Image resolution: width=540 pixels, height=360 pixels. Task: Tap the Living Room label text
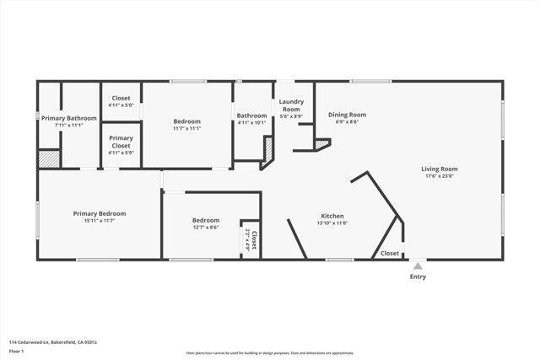tap(440, 169)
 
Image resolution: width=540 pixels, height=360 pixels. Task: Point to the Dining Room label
tap(347, 115)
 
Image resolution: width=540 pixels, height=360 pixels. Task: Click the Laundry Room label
tap(291, 105)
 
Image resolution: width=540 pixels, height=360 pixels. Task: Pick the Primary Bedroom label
tap(100, 213)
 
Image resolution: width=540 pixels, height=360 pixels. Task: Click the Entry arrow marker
tap(418, 266)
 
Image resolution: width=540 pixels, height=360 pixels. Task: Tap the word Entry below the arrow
tap(418, 277)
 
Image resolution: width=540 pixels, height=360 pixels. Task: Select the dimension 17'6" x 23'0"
tap(440, 176)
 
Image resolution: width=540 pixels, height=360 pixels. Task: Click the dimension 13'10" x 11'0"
tap(332, 223)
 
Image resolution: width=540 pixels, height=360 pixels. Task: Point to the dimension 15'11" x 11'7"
tap(100, 221)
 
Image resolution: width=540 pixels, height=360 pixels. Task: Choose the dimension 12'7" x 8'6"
tap(206, 227)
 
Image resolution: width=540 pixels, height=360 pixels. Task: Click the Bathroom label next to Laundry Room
tap(251, 116)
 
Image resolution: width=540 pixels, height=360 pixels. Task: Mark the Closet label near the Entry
tap(390, 253)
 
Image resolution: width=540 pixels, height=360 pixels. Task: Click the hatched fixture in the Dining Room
tap(321, 145)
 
